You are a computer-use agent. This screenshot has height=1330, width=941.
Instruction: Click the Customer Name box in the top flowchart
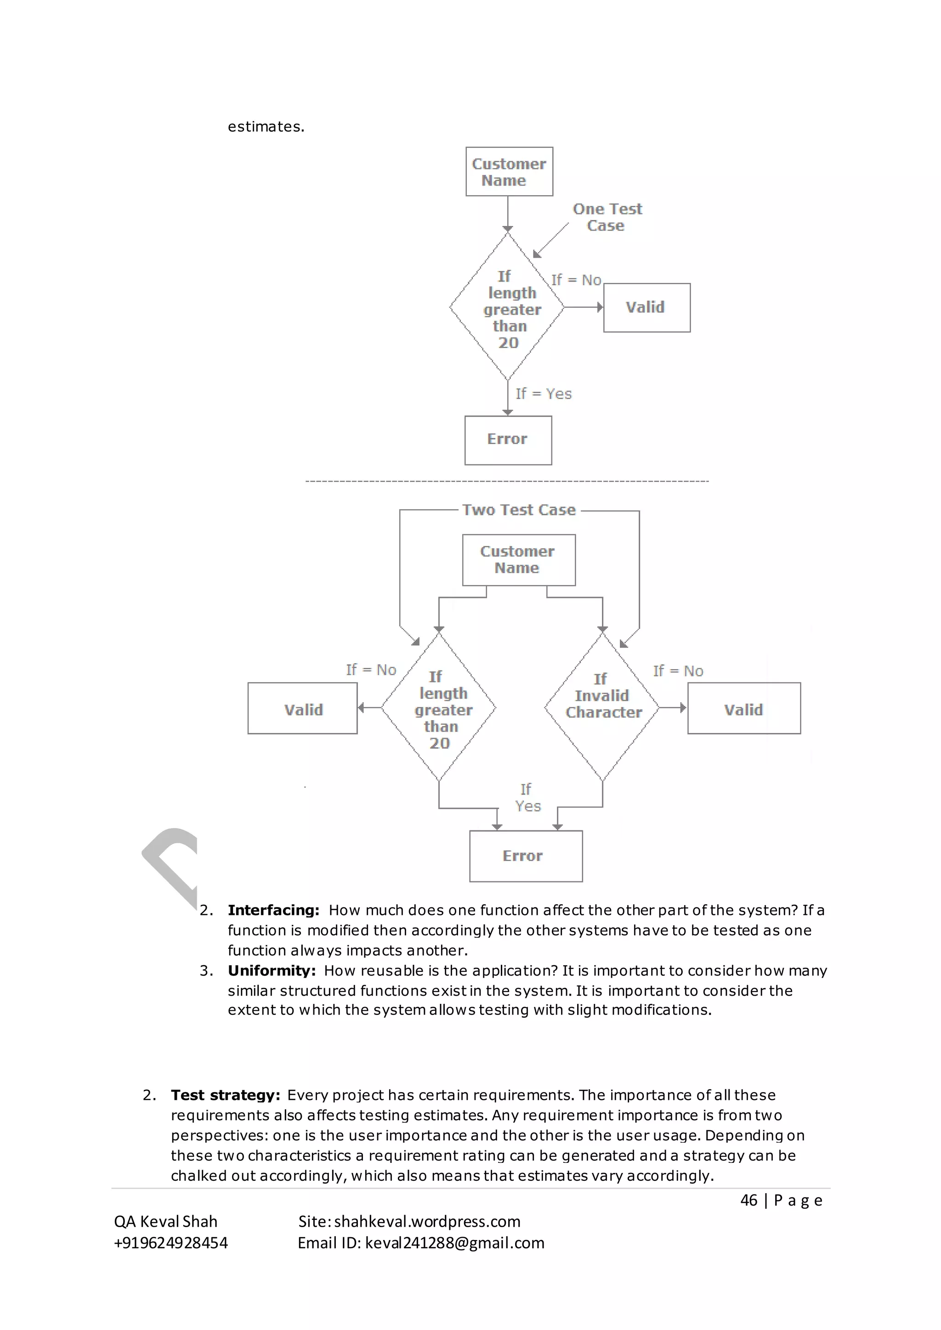[x=509, y=171]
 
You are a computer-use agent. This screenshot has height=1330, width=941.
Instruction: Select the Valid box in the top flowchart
[x=646, y=308]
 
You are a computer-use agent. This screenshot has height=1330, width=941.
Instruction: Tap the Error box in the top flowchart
[x=508, y=440]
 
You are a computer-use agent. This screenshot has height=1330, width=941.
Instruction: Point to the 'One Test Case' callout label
[x=607, y=217]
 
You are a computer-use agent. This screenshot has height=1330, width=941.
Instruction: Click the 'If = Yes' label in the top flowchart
[x=543, y=394]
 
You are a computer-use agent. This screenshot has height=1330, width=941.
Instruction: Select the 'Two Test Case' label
[x=519, y=510]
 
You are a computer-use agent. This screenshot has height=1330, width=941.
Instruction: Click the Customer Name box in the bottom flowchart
[x=518, y=559]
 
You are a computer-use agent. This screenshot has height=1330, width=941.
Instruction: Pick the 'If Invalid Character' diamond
[x=602, y=707]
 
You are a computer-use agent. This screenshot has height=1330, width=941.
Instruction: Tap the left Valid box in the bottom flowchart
[x=302, y=709]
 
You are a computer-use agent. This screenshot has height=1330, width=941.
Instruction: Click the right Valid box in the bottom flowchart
[x=743, y=709]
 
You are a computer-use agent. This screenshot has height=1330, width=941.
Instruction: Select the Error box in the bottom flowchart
[x=525, y=856]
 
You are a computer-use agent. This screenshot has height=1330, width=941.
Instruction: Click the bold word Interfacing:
[x=273, y=911]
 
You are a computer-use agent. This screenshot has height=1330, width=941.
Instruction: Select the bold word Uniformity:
[x=271, y=971]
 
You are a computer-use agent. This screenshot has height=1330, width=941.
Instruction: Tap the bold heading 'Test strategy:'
[x=226, y=1095]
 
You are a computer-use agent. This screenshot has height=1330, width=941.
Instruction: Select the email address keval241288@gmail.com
[x=454, y=1243]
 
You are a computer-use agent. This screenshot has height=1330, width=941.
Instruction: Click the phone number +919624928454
[x=171, y=1243]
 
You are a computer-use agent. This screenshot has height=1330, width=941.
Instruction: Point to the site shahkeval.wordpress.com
[x=427, y=1222]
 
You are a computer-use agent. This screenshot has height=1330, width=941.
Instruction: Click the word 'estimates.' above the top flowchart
[x=266, y=127]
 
